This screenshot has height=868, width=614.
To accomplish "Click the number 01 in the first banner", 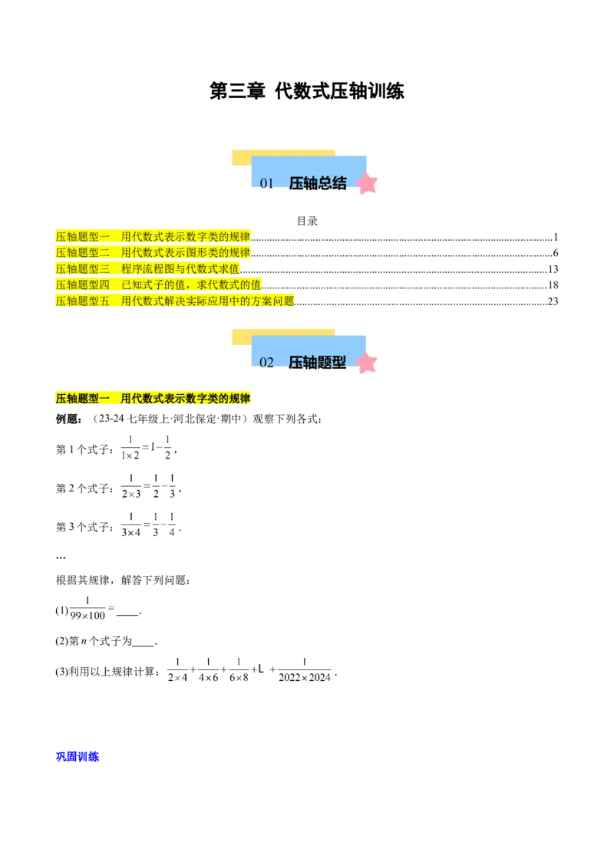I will click(266, 184).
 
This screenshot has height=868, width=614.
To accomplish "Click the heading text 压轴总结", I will click(318, 184).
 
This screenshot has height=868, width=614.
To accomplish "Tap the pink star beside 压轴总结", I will click(367, 183).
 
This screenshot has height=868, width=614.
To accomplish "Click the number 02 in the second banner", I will click(266, 363).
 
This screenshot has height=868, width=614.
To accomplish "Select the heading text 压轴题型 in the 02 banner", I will click(318, 363).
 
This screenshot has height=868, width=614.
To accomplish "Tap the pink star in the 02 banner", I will click(367, 362).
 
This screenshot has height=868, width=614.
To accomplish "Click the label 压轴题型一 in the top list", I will click(82, 237).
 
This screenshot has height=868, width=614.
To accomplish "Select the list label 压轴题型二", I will click(82, 253).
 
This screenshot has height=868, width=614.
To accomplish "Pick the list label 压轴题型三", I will click(82, 269).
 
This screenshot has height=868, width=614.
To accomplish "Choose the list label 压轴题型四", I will click(82, 285).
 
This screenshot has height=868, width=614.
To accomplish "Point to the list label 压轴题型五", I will click(82, 301).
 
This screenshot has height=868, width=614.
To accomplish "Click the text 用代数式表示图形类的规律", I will click(186, 253).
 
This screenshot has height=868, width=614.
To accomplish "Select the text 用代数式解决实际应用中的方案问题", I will click(207, 301).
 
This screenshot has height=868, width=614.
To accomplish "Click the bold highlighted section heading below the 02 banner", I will click(153, 399).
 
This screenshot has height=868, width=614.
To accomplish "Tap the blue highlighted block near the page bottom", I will click(78, 758).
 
